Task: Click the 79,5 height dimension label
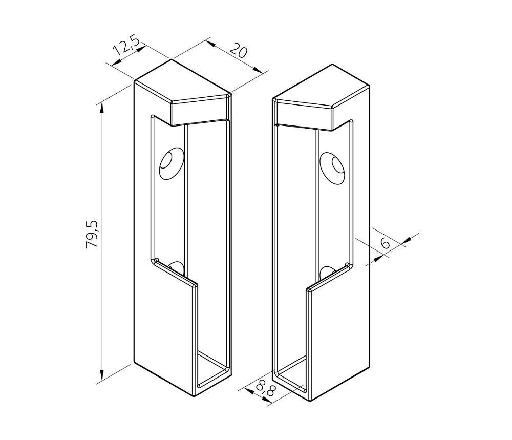pyautogui.click(x=92, y=234)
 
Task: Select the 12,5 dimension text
pyautogui.click(x=126, y=46)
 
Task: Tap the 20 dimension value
pyautogui.click(x=239, y=50)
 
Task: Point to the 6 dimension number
pyautogui.click(x=386, y=243)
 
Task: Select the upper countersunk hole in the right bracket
pyautogui.click(x=332, y=167)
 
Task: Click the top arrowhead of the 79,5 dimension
pyautogui.click(x=102, y=109)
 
